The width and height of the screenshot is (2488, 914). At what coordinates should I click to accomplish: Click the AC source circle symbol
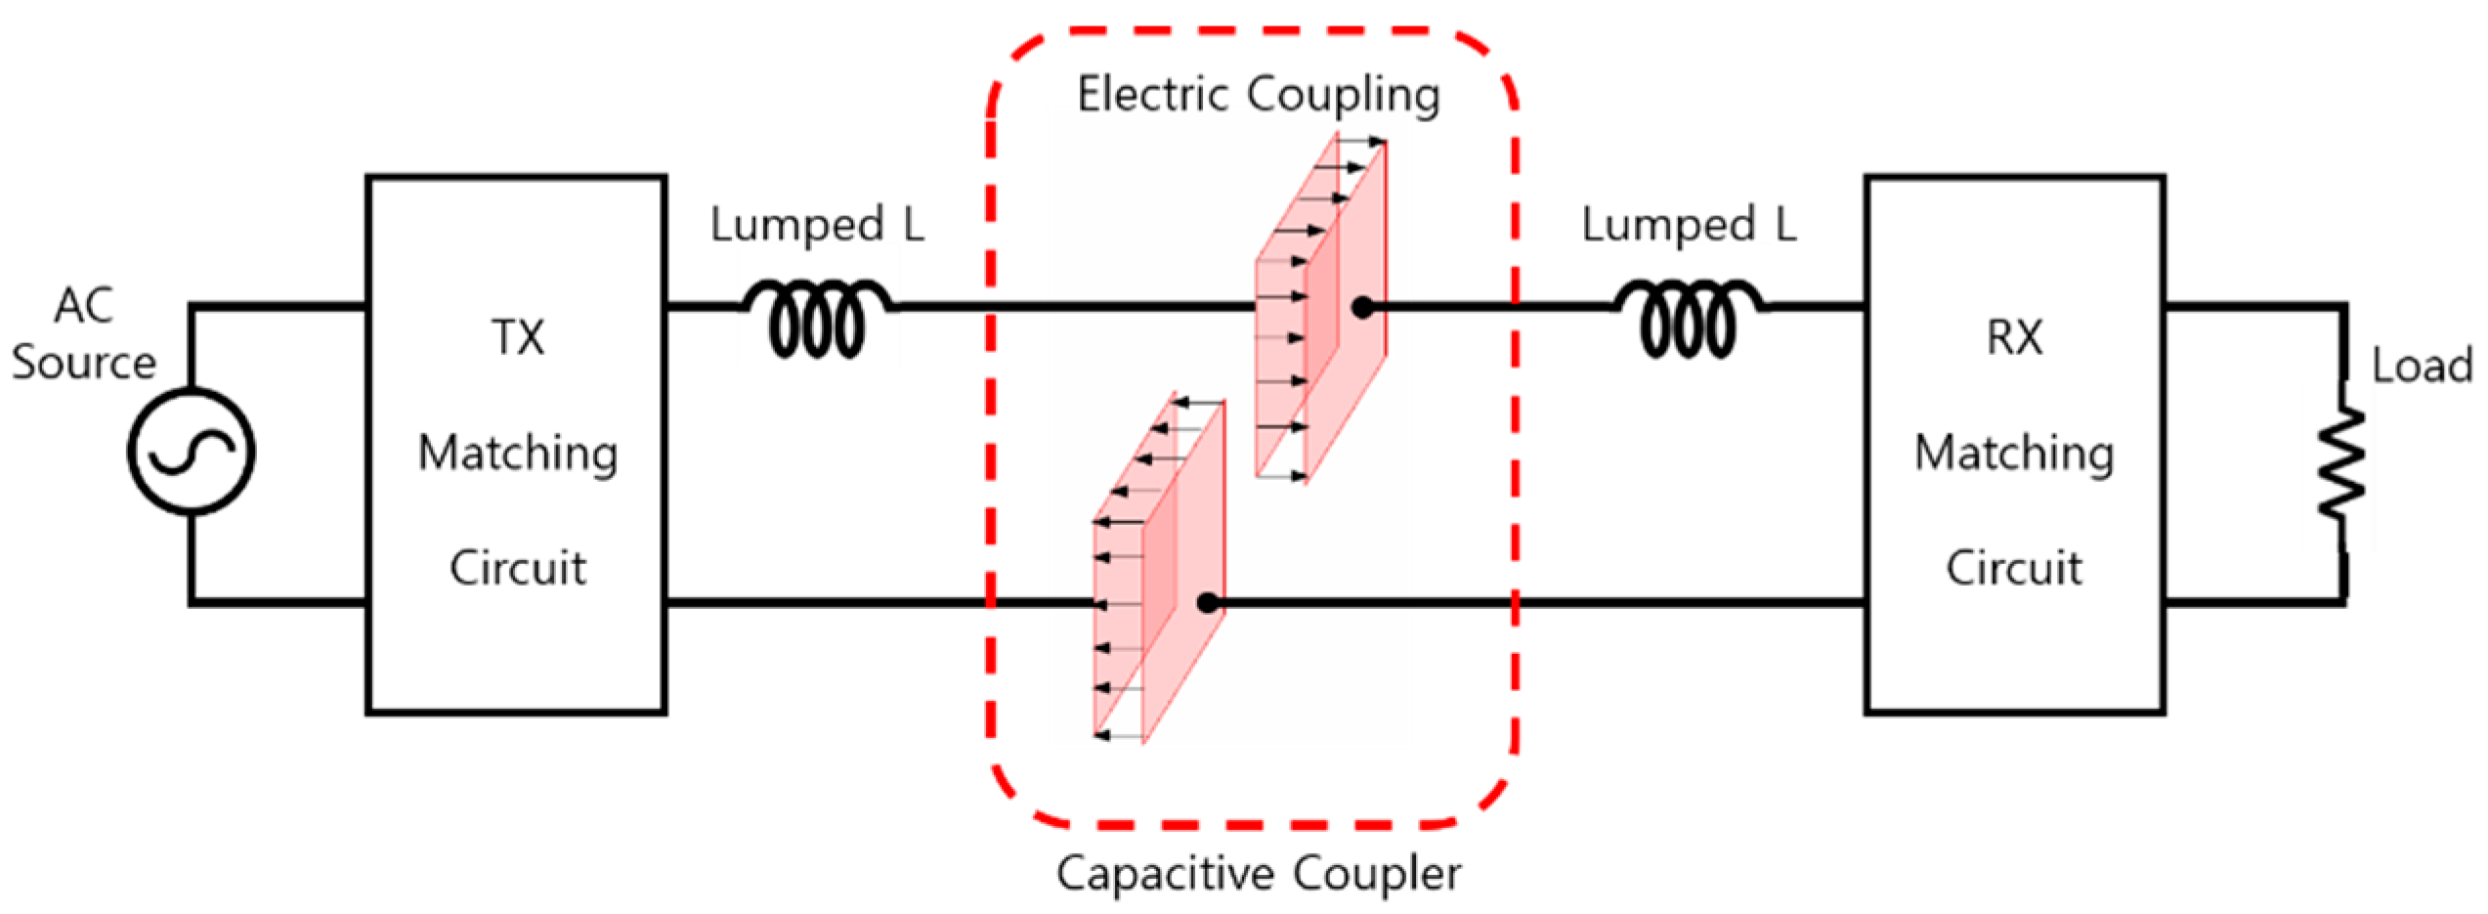coord(192,452)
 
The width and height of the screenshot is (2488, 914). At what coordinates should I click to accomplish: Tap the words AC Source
coord(84,334)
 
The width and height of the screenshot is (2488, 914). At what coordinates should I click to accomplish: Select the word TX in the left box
coord(517,338)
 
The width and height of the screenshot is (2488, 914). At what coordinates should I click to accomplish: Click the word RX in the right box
coord(2014,338)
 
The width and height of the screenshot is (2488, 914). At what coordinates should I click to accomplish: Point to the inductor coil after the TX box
coord(817,319)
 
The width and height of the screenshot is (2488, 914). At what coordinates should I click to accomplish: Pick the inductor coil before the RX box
coord(1689,319)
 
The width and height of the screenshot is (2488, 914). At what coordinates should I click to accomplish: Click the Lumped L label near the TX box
coord(817,225)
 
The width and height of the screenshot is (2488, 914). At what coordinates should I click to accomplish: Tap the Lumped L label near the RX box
coord(1689,225)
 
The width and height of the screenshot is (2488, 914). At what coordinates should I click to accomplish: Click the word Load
coord(2422,367)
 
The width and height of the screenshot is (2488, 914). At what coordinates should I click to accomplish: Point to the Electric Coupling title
coord(1259,96)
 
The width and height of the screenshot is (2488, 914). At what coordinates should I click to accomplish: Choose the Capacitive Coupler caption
coord(1259,873)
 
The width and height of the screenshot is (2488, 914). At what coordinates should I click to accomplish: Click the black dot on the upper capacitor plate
coord(1362,308)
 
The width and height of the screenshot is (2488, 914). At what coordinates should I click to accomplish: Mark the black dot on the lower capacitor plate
coord(1208,603)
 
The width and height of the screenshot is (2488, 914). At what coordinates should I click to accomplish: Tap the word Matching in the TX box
coord(518,454)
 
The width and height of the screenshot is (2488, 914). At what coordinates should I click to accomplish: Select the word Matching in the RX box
coord(2014,454)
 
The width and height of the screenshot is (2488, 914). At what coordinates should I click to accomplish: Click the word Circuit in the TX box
coord(518,568)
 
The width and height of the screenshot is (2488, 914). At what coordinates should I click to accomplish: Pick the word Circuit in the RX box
coord(2014,568)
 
